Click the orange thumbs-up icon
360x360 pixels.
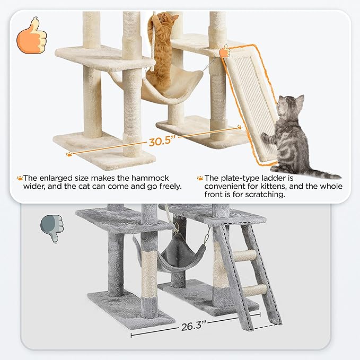[32, 36]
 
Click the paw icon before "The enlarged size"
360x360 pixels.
[20, 179]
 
